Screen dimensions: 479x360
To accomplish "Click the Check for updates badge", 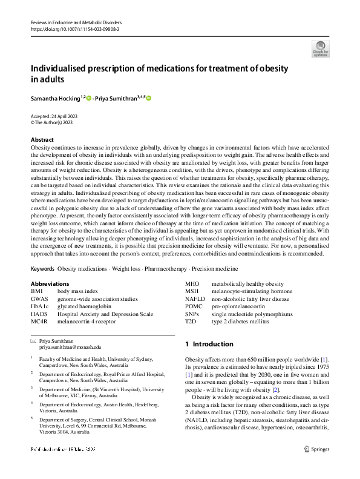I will [320, 48].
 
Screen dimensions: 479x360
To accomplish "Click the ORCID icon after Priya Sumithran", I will [148, 98].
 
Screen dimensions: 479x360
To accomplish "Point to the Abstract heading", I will [42, 139].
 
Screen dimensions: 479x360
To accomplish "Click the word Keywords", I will [42, 268].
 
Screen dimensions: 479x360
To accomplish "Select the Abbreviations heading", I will [50, 283].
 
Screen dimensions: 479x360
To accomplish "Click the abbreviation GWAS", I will [39, 299].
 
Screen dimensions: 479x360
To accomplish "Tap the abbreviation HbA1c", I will [39, 306].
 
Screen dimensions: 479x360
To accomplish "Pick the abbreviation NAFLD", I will [195, 299].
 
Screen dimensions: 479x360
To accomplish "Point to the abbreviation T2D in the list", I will [191, 322].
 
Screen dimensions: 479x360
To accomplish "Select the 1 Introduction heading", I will [209, 344].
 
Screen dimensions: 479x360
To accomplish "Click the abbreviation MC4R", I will [39, 322].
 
